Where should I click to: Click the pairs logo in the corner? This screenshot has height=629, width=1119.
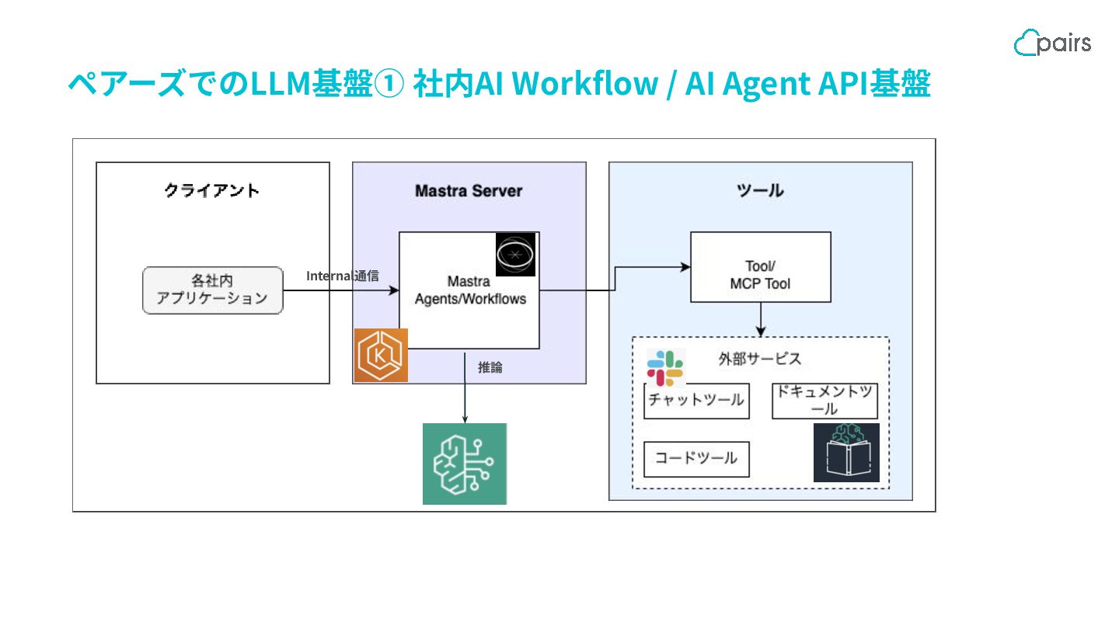[x=1052, y=43]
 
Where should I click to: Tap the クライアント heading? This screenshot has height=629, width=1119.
[x=212, y=190]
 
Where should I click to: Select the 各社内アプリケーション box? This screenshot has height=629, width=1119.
[x=212, y=290]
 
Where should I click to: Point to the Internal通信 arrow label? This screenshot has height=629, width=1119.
[x=343, y=276]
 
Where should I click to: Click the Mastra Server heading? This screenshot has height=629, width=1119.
[x=469, y=190]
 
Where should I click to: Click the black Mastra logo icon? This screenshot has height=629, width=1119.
[x=516, y=254]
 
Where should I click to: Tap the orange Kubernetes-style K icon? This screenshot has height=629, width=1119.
[x=381, y=356]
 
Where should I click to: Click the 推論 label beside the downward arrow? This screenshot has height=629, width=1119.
[x=490, y=367]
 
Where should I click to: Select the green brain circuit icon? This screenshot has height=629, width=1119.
[x=465, y=464]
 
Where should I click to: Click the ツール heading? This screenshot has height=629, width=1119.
[x=759, y=190]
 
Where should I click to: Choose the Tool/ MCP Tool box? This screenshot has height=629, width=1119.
[x=760, y=267]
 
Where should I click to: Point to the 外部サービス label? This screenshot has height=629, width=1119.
[x=759, y=359]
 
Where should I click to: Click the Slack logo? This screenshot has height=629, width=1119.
[x=665, y=367]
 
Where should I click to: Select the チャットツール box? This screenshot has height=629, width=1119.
[x=696, y=401]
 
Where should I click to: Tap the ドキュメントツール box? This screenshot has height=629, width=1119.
[x=824, y=401]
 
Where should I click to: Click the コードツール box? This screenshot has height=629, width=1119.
[x=696, y=459]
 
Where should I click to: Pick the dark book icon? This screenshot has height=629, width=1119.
[x=846, y=453]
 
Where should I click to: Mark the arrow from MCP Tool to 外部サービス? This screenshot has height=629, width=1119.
[x=760, y=318]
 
